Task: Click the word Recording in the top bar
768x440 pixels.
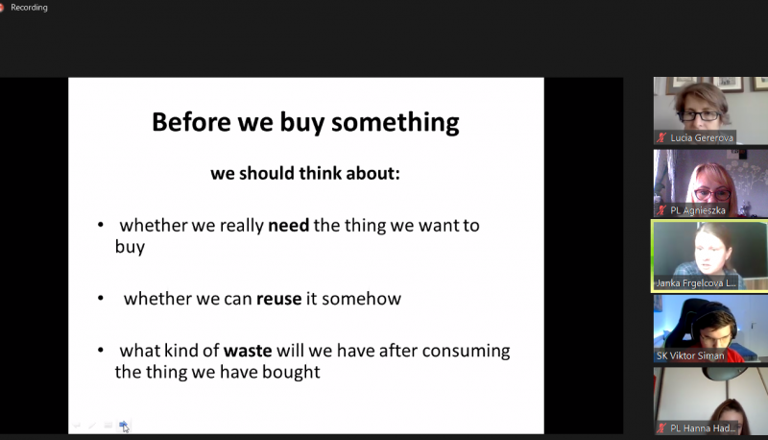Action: tap(29, 8)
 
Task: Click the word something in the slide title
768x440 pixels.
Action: tap(396, 123)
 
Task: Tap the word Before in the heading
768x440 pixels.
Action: tap(191, 121)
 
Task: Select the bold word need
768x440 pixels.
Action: tap(289, 226)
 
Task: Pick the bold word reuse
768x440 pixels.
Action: tap(279, 299)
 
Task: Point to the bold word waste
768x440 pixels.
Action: tap(248, 351)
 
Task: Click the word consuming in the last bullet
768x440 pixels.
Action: tap(466, 352)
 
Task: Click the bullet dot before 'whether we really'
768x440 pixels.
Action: tap(101, 225)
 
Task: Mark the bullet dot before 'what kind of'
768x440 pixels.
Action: tap(101, 351)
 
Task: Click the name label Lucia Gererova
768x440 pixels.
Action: tap(702, 138)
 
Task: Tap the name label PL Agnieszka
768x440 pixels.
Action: tap(698, 210)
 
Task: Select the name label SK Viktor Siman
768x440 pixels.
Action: tap(690, 356)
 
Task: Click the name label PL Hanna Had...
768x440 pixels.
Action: tap(703, 428)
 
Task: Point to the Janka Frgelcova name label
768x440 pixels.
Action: tap(696, 283)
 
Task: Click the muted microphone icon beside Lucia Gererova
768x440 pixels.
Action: tap(661, 137)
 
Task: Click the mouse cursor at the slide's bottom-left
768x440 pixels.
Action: tap(126, 428)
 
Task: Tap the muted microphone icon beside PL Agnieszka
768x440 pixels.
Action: tap(661, 210)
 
